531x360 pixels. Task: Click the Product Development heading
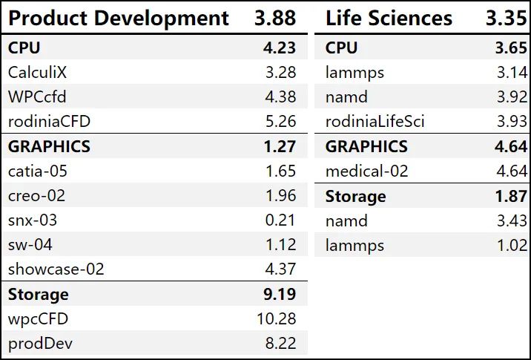[x=119, y=18]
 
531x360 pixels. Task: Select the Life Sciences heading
[x=389, y=18]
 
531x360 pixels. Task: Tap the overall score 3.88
[x=275, y=18]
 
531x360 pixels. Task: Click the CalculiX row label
[x=42, y=73]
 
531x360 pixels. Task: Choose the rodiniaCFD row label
[x=49, y=122]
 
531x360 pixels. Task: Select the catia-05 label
[x=38, y=171]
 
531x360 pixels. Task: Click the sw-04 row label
[x=30, y=245]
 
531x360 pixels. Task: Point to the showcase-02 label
[x=56, y=269]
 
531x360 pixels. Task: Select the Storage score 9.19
[x=280, y=294]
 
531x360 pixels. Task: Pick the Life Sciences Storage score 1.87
[x=511, y=196]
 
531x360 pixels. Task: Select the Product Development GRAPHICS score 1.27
[x=280, y=146]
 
